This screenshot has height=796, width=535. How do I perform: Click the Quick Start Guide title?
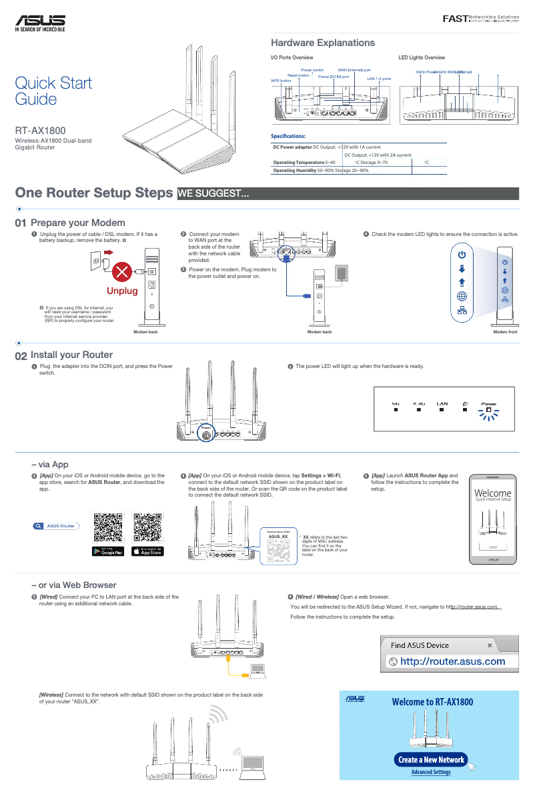pos(53,91)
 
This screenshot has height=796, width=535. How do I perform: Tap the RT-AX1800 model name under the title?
pos(40,131)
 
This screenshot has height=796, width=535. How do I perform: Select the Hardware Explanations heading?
pos(322,43)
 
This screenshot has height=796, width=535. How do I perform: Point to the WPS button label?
pos(281,81)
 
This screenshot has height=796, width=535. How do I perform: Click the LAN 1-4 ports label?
pos(379,79)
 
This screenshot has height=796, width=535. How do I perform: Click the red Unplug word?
pos(123,291)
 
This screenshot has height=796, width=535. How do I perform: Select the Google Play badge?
pos(108,551)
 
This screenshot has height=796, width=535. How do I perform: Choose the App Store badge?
pos(147,551)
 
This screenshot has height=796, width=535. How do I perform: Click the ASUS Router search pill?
pos(55,526)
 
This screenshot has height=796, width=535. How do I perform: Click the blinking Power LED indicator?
pos(488,411)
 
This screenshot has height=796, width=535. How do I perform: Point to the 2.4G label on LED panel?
pos(418,403)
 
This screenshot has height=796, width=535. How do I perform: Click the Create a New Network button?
pos(430,759)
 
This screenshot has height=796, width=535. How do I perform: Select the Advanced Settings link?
pos(430,772)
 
